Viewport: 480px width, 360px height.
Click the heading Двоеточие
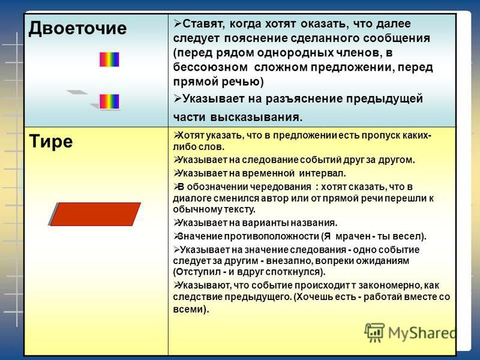pos(77,29)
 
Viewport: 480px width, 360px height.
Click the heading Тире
pos(51,142)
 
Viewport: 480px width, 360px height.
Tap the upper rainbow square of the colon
pos(109,59)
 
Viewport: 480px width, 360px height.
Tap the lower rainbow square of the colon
pos(109,101)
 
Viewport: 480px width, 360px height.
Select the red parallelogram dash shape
pos(95,214)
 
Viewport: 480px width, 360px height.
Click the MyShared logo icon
pos(374,332)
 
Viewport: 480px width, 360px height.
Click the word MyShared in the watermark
pos(422,333)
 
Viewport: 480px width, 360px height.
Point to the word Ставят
pos(203,24)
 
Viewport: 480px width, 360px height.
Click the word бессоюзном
pos(211,67)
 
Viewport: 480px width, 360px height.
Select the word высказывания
pos(254,117)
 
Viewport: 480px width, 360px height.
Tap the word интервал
pos(322,173)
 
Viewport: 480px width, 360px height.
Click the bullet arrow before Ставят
pos(178,23)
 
